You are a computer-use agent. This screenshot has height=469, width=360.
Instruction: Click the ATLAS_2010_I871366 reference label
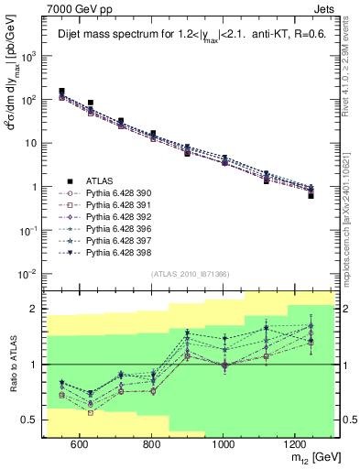(190, 273)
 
